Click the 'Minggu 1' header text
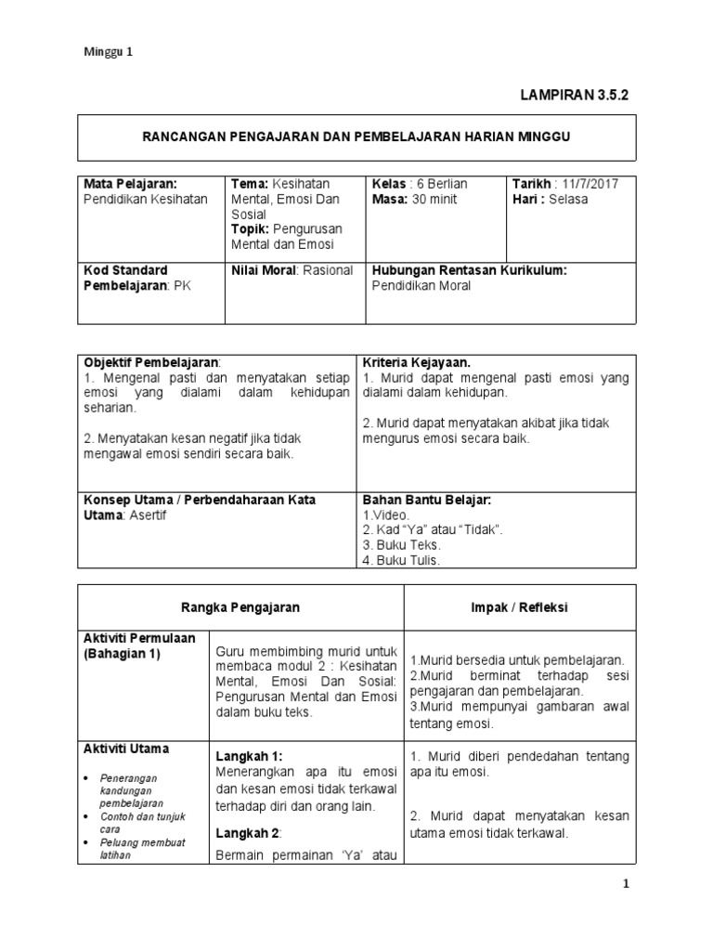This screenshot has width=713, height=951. point(110,53)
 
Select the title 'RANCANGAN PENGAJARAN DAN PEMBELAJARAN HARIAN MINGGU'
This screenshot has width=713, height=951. point(356,137)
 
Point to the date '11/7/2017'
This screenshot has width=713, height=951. point(591,184)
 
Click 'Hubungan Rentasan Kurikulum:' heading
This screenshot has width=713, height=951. point(469,270)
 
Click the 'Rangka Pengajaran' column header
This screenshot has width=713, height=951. point(240,607)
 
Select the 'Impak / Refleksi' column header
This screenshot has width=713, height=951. point(520,607)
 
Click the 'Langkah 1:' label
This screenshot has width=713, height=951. point(249,757)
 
